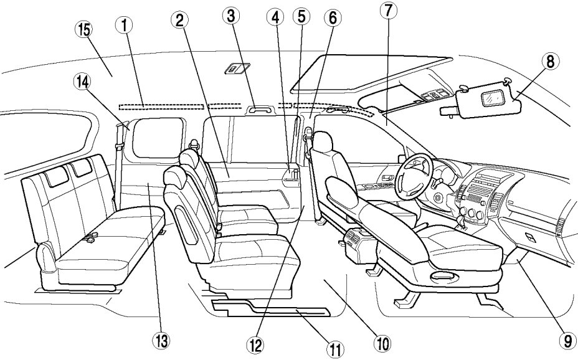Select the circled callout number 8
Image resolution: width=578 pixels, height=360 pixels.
tap(549, 61)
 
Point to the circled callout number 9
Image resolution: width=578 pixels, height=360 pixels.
tap(566, 341)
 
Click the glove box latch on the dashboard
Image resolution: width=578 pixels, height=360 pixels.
tap(529, 237)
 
